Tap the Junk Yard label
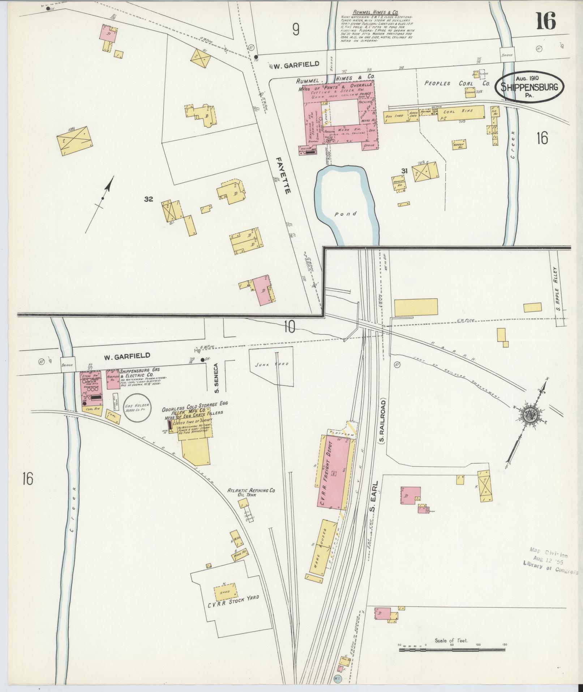coord(276,364)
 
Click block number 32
coord(148,199)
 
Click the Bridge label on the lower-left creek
coord(68,365)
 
